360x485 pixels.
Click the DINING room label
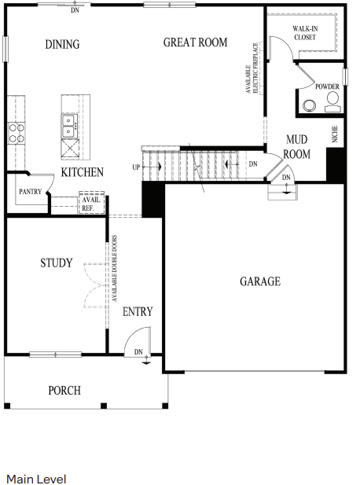tap(62, 44)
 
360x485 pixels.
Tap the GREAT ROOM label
tap(195, 42)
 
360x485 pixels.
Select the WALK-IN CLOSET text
tap(305, 31)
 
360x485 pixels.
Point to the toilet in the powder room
tap(332, 99)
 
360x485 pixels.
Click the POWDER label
tap(327, 86)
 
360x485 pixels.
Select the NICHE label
tap(335, 134)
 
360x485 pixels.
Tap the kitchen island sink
tap(69, 122)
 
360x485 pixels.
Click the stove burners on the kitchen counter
tap(16, 131)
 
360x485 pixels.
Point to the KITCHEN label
tap(82, 172)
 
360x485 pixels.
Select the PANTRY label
tap(30, 191)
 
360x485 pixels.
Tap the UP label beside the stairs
tap(136, 167)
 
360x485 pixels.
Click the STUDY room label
tap(57, 263)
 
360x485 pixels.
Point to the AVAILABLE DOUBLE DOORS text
tap(115, 269)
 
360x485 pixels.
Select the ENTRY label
tap(138, 312)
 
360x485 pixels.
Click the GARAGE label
tap(259, 281)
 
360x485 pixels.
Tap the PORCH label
tap(64, 390)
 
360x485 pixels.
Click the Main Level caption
tap(36, 479)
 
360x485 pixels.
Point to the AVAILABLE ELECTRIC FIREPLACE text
tap(252, 68)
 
